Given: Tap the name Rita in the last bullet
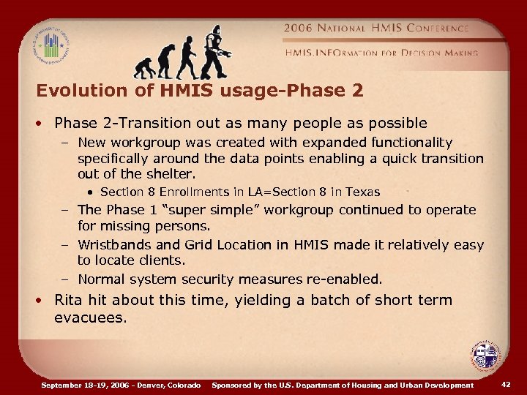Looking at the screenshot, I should click(69, 300).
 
